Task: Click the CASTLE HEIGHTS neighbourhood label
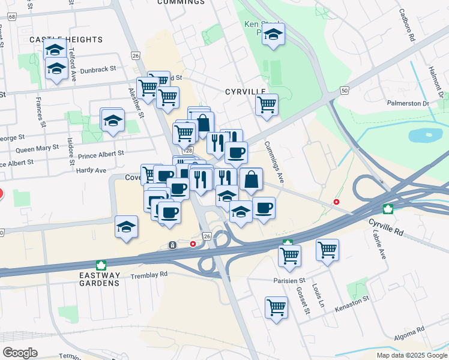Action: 66,40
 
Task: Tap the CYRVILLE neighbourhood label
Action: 245,92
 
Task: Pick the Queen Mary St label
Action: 37,148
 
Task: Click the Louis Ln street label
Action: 321,292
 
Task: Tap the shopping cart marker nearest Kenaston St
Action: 276,308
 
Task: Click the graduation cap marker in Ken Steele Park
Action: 273,37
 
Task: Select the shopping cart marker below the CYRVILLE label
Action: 267,105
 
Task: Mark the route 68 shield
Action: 12,17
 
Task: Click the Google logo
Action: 20,352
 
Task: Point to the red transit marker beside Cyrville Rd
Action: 337,202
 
